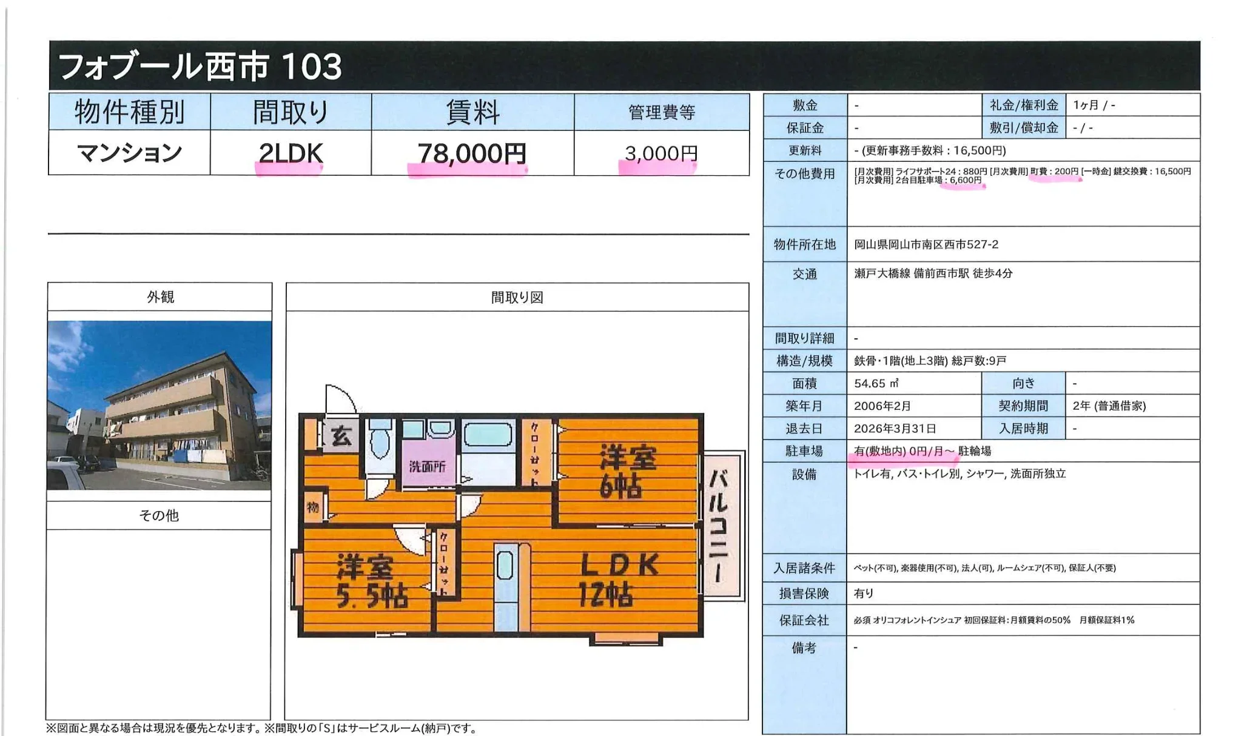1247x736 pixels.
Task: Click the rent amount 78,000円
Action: pos(472,153)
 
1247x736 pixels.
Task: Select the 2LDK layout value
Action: pos(291,153)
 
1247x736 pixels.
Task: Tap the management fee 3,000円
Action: pos(661,153)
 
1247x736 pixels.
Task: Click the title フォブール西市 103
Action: pos(200,66)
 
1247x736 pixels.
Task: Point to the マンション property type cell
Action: pos(129,153)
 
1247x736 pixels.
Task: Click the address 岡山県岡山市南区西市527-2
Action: pos(926,244)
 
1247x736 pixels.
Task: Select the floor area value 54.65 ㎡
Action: pos(876,383)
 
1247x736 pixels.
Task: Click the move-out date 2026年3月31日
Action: pos(895,429)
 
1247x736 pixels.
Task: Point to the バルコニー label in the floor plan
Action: pos(721,525)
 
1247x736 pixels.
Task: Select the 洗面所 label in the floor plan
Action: pos(427,466)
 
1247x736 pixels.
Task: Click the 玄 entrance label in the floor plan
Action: pos(341,436)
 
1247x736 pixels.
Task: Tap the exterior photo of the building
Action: pos(160,405)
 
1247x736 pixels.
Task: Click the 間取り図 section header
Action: pos(517,298)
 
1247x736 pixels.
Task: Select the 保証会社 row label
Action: pos(804,620)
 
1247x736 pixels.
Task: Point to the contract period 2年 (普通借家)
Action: pos(1109,406)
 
